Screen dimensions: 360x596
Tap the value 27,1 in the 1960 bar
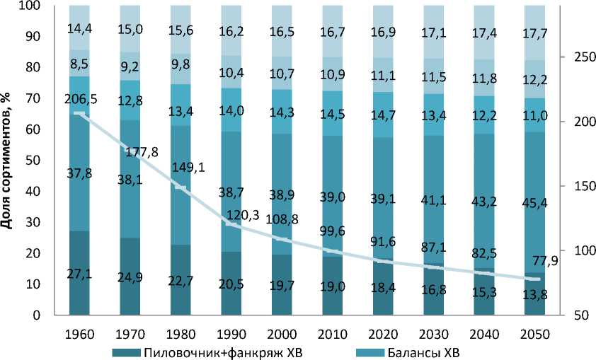[x=80, y=274]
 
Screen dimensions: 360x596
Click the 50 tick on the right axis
[x=575, y=315]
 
